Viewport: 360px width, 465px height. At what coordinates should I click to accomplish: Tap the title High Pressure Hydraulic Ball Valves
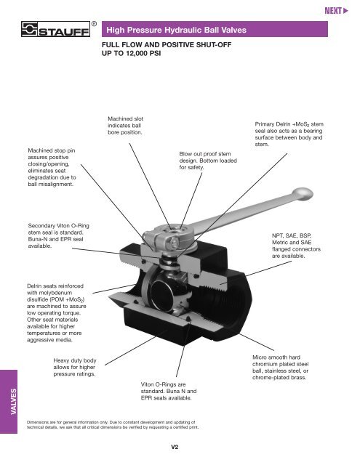click(179, 31)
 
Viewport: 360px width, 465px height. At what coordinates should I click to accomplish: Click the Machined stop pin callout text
click(49, 167)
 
